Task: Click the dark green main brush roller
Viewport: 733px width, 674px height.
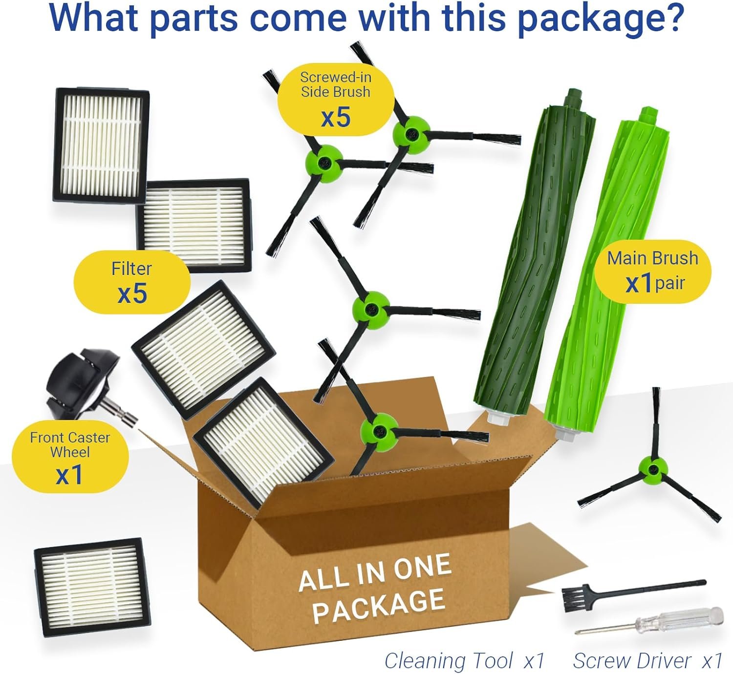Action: tap(534, 256)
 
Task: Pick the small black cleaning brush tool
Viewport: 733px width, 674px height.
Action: tap(634, 595)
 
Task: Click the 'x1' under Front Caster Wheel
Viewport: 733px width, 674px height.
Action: tap(69, 475)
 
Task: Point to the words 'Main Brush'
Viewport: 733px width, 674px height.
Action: tap(652, 258)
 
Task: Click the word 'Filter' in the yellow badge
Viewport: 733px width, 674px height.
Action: tap(131, 269)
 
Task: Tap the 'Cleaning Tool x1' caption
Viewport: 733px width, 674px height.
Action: tap(464, 661)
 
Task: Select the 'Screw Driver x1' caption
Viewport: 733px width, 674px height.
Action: tap(648, 661)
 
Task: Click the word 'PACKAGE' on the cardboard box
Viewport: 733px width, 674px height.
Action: tap(379, 607)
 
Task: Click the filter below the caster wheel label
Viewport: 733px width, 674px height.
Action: tap(92, 588)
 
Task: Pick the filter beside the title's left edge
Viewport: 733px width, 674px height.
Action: tap(101, 145)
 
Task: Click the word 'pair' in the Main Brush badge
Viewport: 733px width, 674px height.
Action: tap(670, 284)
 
